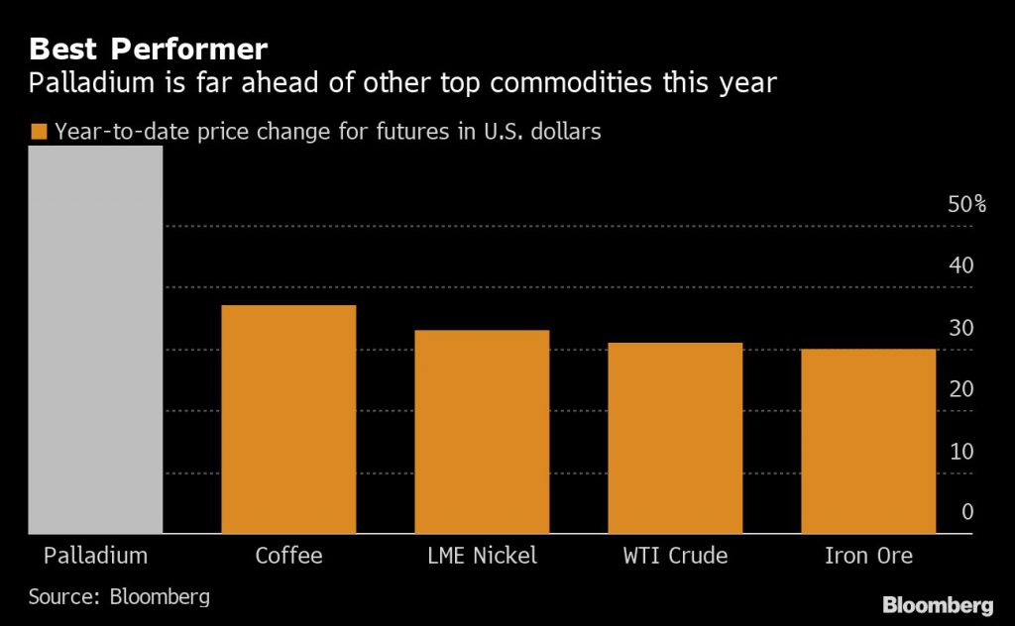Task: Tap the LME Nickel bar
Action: pos(482,432)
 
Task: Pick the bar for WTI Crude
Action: pos(675,438)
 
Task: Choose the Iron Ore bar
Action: pos(868,441)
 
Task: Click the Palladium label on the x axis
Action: pos(95,556)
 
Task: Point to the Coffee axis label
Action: pos(288,556)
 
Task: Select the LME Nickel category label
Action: pos(482,556)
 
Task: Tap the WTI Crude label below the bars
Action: pos(675,556)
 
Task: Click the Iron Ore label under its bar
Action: pos(868,556)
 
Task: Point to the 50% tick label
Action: pos(966,205)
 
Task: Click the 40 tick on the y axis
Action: pos(960,266)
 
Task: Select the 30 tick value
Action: pos(960,329)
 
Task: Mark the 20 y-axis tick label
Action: pos(960,389)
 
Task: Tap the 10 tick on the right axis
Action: pos(960,452)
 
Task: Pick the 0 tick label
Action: pos(967,512)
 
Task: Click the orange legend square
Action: pos(39,132)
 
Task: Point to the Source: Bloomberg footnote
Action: pos(119,597)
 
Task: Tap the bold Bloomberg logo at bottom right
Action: pos(938,603)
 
